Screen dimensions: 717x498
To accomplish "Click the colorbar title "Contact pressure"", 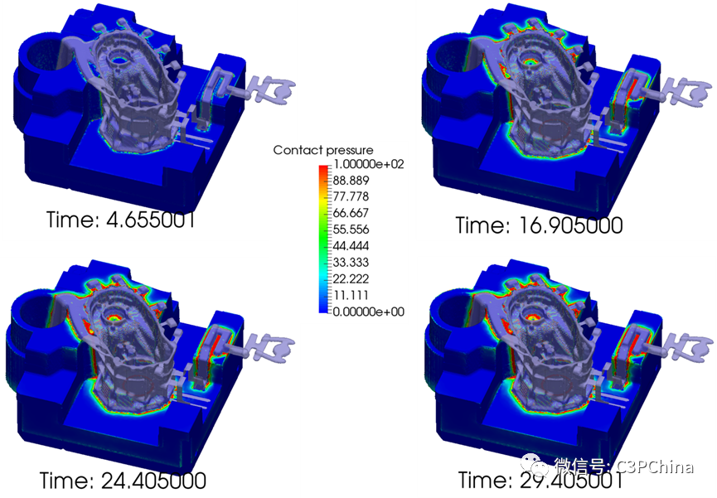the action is click(322, 150).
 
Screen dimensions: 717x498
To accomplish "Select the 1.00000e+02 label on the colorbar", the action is click(369, 164).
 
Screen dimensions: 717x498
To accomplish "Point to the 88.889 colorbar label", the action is click(351, 180).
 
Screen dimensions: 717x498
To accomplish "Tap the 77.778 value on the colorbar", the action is click(351, 196).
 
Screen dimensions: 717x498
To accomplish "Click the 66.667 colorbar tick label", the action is click(351, 213).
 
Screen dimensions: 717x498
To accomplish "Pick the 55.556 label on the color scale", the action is click(351, 229).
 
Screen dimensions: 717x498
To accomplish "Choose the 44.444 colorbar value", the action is click(351, 245).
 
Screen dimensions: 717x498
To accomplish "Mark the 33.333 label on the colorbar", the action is click(351, 262).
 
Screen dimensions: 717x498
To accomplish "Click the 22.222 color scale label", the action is click(351, 278).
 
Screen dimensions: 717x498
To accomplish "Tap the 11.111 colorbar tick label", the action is click(351, 295).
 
